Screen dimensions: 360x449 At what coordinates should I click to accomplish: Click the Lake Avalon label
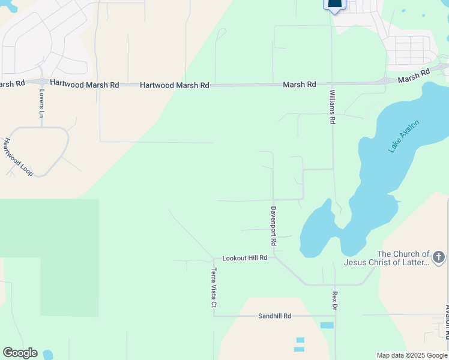(x=403, y=137)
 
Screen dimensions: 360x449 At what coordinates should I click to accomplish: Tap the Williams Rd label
(x=332, y=107)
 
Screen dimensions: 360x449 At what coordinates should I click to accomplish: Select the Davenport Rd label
(x=273, y=226)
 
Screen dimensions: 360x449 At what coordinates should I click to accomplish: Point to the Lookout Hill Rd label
(x=244, y=258)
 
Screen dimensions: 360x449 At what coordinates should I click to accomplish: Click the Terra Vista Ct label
(x=213, y=288)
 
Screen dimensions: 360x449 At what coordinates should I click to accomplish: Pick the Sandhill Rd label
(x=274, y=316)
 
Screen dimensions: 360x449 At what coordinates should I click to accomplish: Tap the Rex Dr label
(x=335, y=301)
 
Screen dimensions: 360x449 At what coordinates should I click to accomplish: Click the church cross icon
(x=439, y=257)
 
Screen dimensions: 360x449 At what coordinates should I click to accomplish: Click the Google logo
(x=20, y=353)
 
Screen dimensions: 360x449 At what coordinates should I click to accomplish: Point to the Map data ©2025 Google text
(x=412, y=355)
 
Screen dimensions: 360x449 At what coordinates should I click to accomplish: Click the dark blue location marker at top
(x=334, y=5)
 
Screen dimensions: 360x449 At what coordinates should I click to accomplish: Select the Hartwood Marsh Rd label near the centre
(x=174, y=86)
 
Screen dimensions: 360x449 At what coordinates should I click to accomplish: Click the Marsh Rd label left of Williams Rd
(x=299, y=85)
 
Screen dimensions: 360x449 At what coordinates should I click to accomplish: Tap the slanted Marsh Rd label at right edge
(x=414, y=76)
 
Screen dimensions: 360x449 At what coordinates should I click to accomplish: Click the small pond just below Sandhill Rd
(x=327, y=325)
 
